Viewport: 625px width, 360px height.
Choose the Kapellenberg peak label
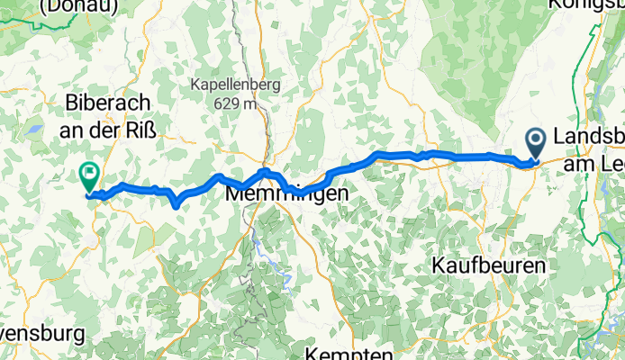(x=236, y=85)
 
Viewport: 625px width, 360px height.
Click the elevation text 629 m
(x=236, y=103)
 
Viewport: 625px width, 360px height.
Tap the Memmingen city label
(x=286, y=193)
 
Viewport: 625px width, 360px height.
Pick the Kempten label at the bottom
(x=352, y=352)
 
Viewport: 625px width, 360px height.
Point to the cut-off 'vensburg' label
(x=41, y=335)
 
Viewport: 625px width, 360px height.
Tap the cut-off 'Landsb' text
(x=589, y=138)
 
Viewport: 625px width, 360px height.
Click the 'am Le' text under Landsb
(x=593, y=164)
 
